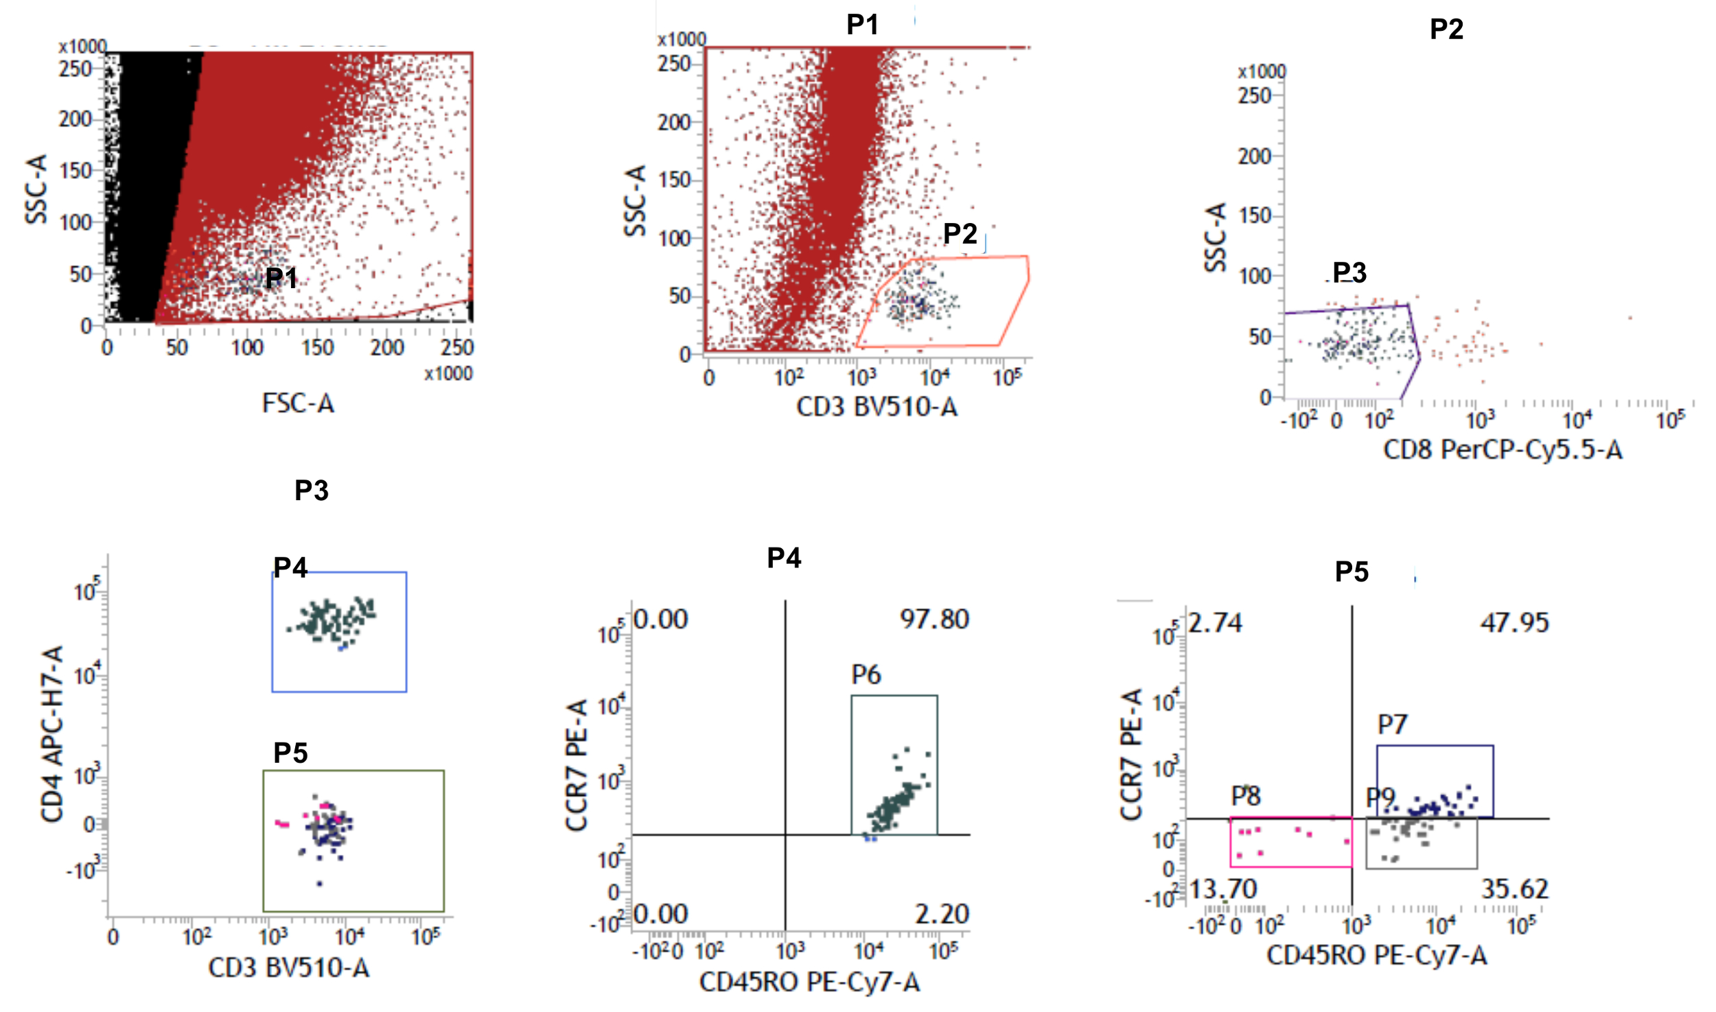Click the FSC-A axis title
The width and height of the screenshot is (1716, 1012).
point(298,403)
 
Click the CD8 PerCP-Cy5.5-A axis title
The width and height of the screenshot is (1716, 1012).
point(1503,450)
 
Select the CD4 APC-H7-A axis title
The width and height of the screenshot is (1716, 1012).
point(53,733)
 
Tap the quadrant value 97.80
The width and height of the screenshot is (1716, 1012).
point(934,620)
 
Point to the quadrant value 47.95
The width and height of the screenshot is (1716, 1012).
point(1514,623)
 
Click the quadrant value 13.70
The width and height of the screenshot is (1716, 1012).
point(1223,890)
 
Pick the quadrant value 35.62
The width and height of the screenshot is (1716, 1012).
point(1514,890)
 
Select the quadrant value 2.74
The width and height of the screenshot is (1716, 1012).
point(1215,623)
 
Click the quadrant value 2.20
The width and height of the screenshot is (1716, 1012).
point(942,914)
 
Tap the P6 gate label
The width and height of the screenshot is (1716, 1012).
point(866,675)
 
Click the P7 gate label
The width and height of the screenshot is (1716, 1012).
point(1392,725)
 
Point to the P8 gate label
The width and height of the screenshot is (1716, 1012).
point(1245,796)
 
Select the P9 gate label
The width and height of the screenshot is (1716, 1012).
point(1380,797)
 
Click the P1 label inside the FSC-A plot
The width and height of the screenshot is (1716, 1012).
point(281,278)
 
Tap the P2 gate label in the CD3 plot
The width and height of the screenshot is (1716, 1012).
point(960,234)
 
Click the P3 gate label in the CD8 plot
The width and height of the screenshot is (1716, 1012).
point(1349,272)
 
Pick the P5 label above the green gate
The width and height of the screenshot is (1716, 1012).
point(290,753)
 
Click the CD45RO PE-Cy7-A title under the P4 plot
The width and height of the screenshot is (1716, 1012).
point(809,982)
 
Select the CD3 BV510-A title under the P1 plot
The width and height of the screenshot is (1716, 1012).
point(877,407)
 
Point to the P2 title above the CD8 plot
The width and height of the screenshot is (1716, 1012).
point(1446,29)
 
